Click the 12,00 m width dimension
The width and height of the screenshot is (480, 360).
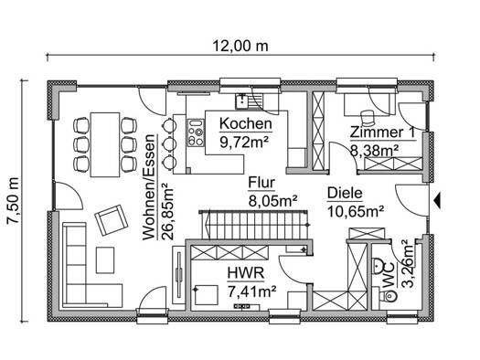(240, 47)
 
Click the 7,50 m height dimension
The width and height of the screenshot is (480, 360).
(14, 201)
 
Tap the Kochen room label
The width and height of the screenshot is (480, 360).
(246, 124)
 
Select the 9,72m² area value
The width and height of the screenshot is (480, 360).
(244, 142)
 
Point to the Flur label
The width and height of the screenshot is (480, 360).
(261, 183)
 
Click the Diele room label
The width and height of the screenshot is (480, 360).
(345, 194)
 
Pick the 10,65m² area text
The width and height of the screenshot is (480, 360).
(356, 211)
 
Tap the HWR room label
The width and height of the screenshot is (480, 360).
(246, 273)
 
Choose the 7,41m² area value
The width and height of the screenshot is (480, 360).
(252, 291)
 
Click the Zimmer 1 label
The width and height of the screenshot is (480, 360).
(383, 132)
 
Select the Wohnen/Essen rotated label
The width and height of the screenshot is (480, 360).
(149, 187)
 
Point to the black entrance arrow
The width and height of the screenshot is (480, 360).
(437, 201)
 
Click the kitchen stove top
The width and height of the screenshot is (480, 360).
(196, 132)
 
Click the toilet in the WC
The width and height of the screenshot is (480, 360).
(388, 295)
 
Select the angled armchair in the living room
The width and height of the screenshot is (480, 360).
(112, 220)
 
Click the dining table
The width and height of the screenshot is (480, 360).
(105, 144)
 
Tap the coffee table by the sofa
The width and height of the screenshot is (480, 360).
(105, 260)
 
